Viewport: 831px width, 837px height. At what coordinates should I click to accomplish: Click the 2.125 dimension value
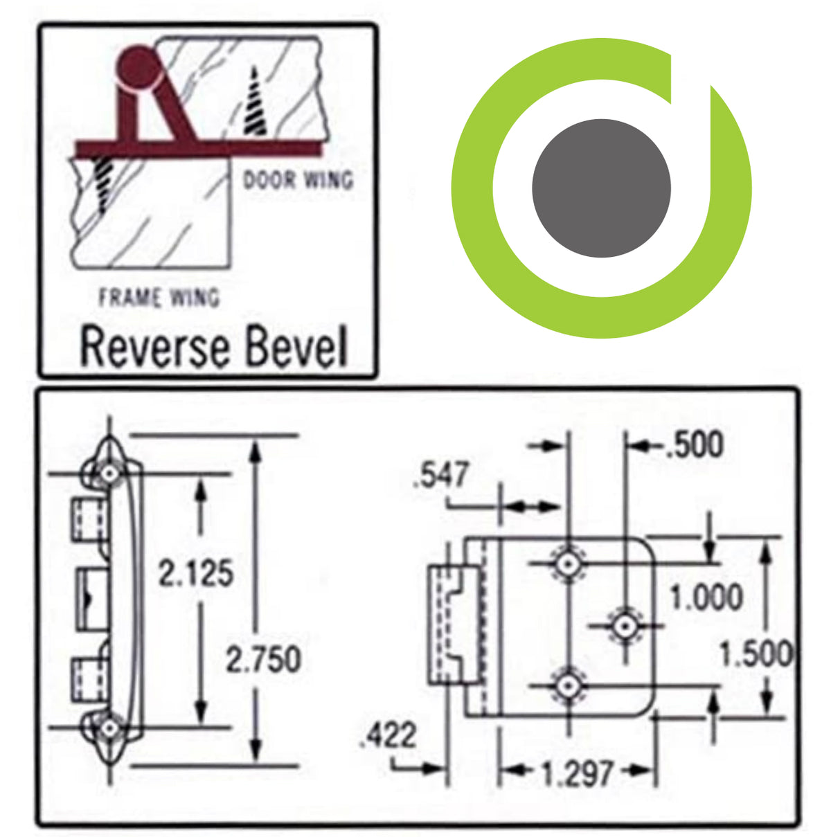[x=196, y=574]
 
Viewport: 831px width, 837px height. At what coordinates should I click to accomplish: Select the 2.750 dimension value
[x=264, y=659]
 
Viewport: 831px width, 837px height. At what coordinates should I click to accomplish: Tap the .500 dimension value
[x=694, y=445]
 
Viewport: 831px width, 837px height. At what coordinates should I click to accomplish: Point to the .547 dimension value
[x=441, y=476]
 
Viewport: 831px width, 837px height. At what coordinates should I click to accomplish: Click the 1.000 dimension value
[x=706, y=597]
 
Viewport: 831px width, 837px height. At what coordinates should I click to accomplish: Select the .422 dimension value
[x=388, y=735]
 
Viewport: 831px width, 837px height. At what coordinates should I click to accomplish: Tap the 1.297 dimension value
[x=577, y=773]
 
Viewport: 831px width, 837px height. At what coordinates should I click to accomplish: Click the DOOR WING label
[x=298, y=180]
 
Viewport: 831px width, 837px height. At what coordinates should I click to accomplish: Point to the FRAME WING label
[x=159, y=298]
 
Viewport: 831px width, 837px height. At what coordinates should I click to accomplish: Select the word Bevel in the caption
[x=296, y=348]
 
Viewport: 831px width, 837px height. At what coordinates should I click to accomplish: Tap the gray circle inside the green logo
[x=601, y=188]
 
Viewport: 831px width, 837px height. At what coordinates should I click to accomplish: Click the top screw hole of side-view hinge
[x=109, y=474]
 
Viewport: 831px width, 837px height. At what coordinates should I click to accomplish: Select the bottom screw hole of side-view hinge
[x=109, y=728]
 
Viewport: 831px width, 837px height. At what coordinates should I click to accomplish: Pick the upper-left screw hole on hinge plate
[x=569, y=565]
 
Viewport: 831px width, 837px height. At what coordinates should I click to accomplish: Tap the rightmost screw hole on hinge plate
[x=625, y=626]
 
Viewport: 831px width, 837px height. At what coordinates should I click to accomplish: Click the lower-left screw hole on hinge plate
[x=569, y=687]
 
